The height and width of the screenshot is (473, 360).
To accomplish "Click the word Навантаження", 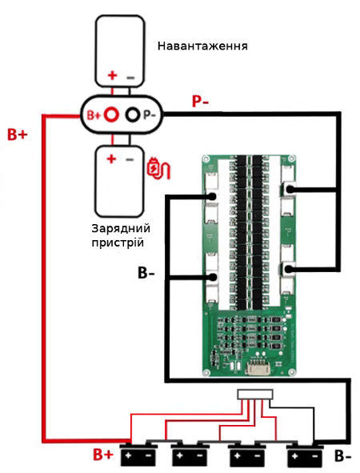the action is pos(202,46).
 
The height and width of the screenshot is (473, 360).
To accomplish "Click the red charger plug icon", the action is pos(158,168).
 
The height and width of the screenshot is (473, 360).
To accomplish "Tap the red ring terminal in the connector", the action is pos(111,114).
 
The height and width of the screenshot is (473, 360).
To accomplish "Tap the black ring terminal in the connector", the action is pos(133,114).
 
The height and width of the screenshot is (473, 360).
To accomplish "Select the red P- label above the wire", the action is pos(200,102).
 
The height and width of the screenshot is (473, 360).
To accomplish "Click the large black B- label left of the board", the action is pos(146,273).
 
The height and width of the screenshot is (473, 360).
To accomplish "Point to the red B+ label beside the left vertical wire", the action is pos(17,134).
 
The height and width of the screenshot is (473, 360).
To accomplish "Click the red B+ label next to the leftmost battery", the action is pos(103,455).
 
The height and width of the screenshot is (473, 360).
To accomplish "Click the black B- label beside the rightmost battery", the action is pos(343,456).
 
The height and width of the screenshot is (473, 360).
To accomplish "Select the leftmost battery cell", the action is pos(138,454).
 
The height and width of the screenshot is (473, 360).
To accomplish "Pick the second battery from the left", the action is pos(190,454).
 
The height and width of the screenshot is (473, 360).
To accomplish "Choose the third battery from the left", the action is pos(247,454).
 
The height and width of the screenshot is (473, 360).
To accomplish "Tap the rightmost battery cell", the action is pos(304,454).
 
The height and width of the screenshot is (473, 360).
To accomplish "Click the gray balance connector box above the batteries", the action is pos(255,395).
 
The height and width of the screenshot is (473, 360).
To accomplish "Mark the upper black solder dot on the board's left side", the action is pos(212,196).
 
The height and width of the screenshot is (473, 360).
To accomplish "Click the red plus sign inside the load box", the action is pos(113,75).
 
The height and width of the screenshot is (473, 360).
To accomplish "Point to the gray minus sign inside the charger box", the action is pos(130,159).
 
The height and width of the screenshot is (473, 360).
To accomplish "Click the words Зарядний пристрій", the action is pos(121,235).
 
